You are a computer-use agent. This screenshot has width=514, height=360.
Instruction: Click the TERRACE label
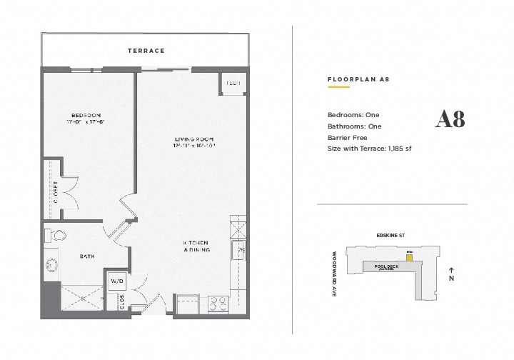[146, 51]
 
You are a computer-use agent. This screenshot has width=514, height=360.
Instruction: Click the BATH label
[87, 256]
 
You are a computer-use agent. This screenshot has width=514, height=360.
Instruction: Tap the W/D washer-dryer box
[116, 280]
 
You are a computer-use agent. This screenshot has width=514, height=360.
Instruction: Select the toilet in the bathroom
[56, 235]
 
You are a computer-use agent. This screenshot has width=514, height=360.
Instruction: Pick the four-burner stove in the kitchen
[217, 301]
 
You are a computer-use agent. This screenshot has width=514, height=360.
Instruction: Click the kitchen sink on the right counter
[239, 250]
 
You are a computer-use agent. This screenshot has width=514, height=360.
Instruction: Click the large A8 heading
[450, 120]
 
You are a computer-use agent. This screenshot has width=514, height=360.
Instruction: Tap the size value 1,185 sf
[399, 149]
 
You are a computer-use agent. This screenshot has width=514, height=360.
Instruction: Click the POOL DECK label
[385, 266]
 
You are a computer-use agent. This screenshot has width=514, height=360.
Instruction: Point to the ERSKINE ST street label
[391, 235]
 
